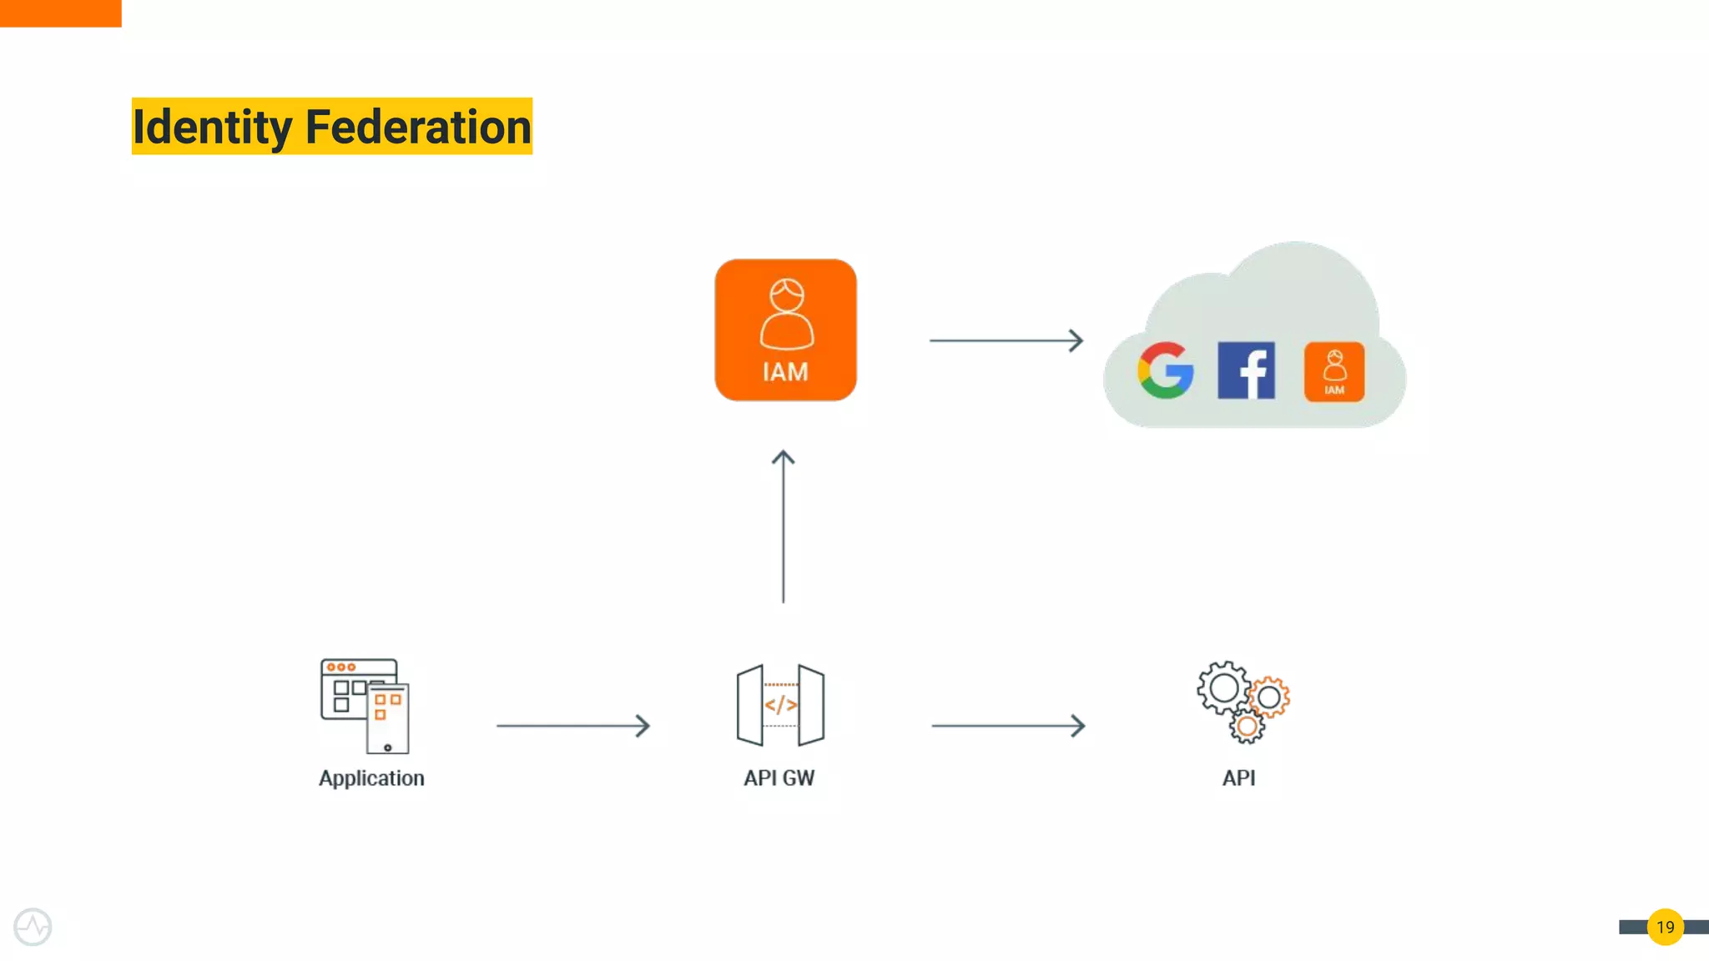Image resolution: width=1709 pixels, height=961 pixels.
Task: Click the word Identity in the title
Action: pos(212,128)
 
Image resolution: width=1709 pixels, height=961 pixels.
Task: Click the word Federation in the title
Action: pos(418,128)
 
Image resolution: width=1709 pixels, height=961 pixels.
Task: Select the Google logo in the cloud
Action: pos(1165,370)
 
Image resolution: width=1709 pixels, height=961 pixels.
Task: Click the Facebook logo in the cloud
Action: pos(1246,370)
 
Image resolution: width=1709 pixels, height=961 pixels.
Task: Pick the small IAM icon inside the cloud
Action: pos(1334,371)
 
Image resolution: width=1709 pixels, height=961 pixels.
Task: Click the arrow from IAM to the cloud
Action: pos(1006,340)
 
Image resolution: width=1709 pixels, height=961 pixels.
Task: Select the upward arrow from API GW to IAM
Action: pos(783,526)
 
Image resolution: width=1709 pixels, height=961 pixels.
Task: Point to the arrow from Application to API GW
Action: pos(572,726)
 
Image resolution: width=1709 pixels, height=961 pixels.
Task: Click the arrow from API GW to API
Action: pos(1008,726)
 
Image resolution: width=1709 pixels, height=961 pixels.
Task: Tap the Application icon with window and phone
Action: pos(365,706)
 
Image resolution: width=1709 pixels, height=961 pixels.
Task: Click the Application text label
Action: pos(371,778)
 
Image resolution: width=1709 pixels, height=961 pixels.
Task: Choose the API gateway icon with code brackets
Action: pos(780,706)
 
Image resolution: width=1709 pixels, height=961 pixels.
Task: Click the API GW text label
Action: pos(779,778)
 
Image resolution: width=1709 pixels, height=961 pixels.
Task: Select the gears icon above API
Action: pos(1243,702)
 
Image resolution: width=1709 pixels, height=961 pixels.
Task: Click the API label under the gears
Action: pos(1238,778)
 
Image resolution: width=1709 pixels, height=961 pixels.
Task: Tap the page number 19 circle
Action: pos(1665,927)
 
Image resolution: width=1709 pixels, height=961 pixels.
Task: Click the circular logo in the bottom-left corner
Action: pos(33,927)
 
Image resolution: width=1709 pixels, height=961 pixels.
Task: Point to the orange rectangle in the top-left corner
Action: pos(60,13)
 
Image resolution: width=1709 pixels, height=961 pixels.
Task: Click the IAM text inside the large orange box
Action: pos(785,372)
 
